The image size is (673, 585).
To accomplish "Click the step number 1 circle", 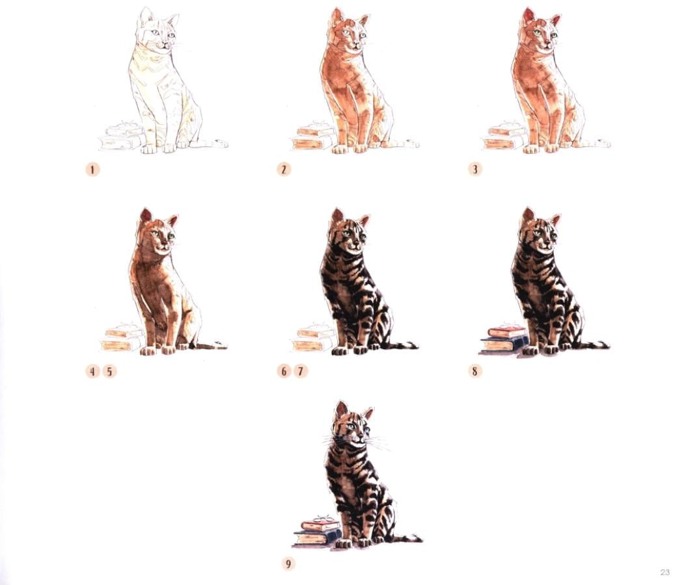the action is pyautogui.click(x=92, y=169).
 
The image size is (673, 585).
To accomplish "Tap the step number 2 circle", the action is pyautogui.click(x=284, y=169).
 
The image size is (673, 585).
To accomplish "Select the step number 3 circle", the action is pyautogui.click(x=474, y=169).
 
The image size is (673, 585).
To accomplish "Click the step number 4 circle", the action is pyautogui.click(x=92, y=371).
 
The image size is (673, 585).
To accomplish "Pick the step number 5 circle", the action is pyautogui.click(x=109, y=371).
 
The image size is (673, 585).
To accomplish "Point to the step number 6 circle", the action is pyautogui.click(x=284, y=371).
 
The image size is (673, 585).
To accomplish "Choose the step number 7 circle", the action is pyautogui.click(x=301, y=371).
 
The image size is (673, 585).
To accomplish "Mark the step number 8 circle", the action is pyautogui.click(x=474, y=371).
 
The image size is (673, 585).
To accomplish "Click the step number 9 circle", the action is pyautogui.click(x=288, y=564).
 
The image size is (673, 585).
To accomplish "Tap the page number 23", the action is pyautogui.click(x=665, y=572).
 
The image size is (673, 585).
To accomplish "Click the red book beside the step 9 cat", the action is pyautogui.click(x=321, y=525).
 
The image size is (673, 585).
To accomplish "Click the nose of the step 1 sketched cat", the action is pyautogui.click(x=163, y=43).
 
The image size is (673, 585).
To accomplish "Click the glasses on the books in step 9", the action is pyautogui.click(x=323, y=519).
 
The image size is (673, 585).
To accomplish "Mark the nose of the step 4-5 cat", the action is pyautogui.click(x=163, y=244).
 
